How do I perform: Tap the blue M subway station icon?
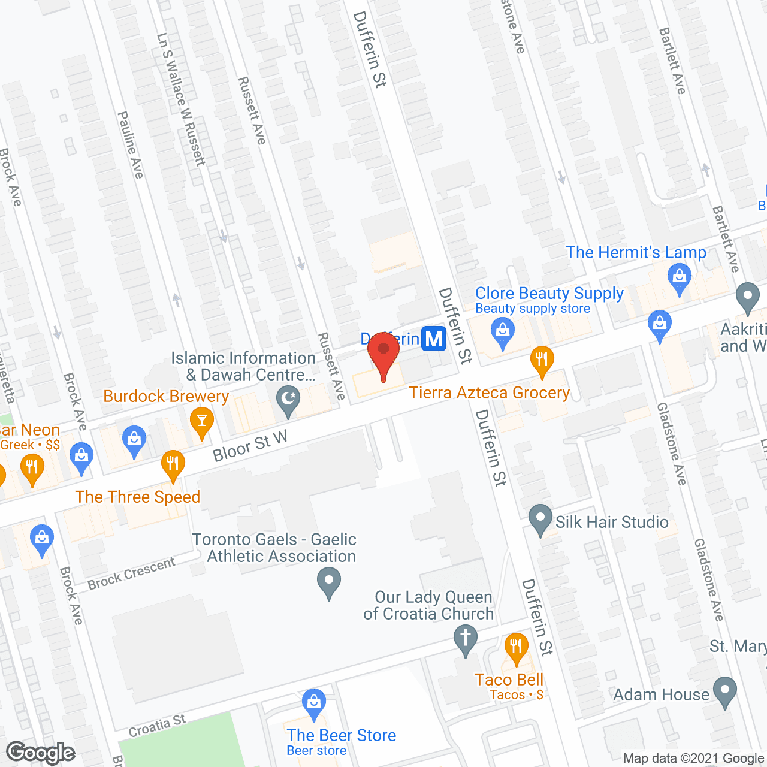pos(434,339)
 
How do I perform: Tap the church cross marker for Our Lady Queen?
pos(465,639)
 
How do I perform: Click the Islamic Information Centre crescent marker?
pos(288,400)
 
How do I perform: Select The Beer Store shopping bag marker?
pos(313,703)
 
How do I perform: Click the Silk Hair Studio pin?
pos(540,519)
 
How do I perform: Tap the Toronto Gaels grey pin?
pos(328,582)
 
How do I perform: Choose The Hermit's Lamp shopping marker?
pos(679,279)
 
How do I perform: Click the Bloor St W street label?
pos(250,446)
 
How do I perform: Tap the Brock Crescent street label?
pos(131,573)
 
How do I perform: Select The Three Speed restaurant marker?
pos(173,464)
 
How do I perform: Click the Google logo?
pos(41,753)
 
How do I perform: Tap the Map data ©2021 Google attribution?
pos(693,759)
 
